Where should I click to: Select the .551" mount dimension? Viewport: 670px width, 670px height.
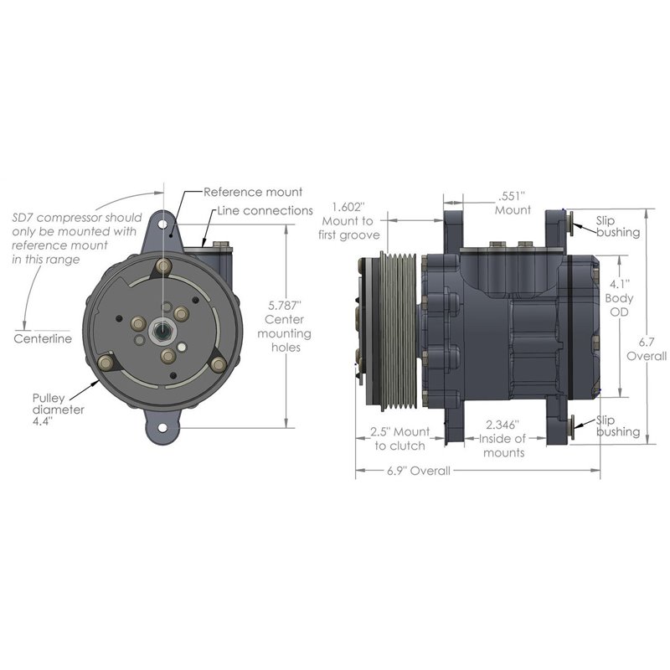pyautogui.click(x=512, y=196)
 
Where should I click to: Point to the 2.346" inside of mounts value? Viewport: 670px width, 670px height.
pyautogui.click(x=503, y=425)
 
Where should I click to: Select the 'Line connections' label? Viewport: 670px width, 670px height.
pyautogui.click(x=265, y=210)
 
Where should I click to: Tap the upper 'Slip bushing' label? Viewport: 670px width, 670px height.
pyautogui.click(x=617, y=226)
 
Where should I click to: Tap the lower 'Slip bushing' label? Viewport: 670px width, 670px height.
pyautogui.click(x=617, y=425)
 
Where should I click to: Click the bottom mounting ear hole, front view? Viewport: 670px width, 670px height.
pyautogui.click(x=162, y=432)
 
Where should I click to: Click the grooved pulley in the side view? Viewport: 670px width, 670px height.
pyautogui.click(x=400, y=330)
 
